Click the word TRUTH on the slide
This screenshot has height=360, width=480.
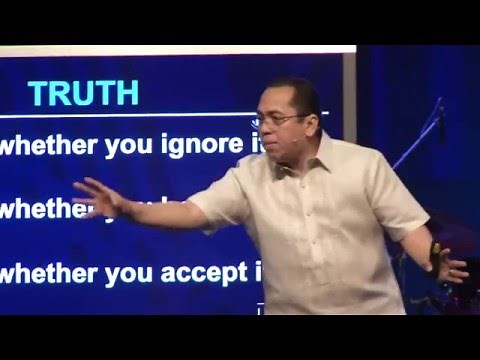click(83, 92)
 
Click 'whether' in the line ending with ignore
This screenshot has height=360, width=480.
click(45, 146)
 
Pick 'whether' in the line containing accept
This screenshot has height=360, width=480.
click(45, 272)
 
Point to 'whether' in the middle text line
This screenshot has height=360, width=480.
click(40, 210)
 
